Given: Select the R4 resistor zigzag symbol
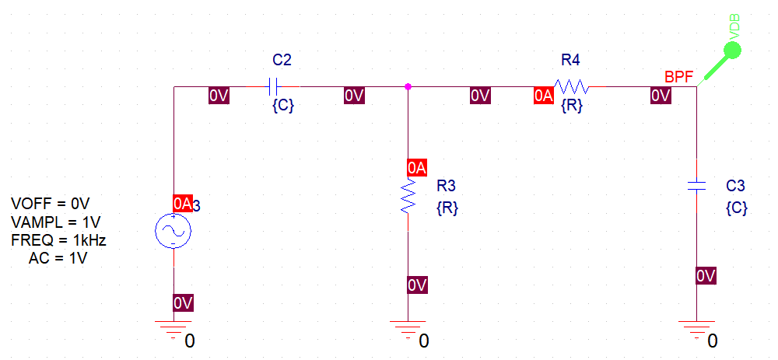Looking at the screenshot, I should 572,86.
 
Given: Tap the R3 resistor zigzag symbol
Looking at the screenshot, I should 408,197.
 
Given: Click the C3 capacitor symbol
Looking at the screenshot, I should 696,186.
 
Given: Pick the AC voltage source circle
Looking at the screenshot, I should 173,231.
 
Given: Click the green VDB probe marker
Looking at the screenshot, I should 732,52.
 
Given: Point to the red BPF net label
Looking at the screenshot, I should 680,76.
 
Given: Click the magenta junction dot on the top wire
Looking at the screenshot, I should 408,86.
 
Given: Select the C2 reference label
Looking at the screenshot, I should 282,60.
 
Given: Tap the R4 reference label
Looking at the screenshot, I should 570,60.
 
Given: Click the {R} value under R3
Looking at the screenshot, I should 447,208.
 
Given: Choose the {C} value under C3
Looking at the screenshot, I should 736,208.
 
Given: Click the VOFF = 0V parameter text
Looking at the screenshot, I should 51,204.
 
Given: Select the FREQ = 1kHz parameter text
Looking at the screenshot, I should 58,240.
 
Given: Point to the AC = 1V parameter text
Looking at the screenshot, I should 58,258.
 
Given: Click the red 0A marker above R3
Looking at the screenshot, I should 417,168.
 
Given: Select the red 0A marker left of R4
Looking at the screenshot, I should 543,96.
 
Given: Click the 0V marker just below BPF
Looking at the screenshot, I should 660,96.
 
